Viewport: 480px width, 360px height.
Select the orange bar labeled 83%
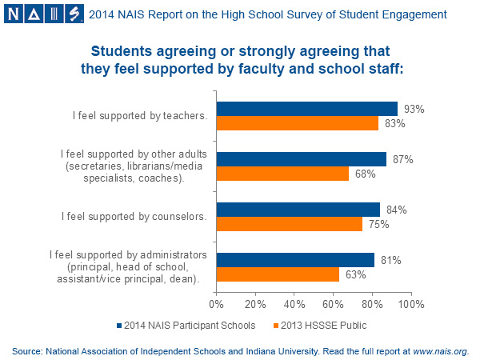click(297, 123)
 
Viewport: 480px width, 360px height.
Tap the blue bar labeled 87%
click(301, 159)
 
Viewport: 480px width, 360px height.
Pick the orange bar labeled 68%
click(282, 174)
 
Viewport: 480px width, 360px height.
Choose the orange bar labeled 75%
click(289, 224)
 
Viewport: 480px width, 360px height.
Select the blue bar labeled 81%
click(295, 260)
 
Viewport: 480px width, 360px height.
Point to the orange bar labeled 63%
click(278, 274)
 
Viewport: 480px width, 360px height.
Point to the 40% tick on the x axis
click(294, 304)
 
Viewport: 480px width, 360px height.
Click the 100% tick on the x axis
click(410, 304)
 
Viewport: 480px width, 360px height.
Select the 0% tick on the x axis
click(216, 304)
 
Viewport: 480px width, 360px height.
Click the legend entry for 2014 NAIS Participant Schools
click(186, 325)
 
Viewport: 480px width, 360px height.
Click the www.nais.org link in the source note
click(439, 350)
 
